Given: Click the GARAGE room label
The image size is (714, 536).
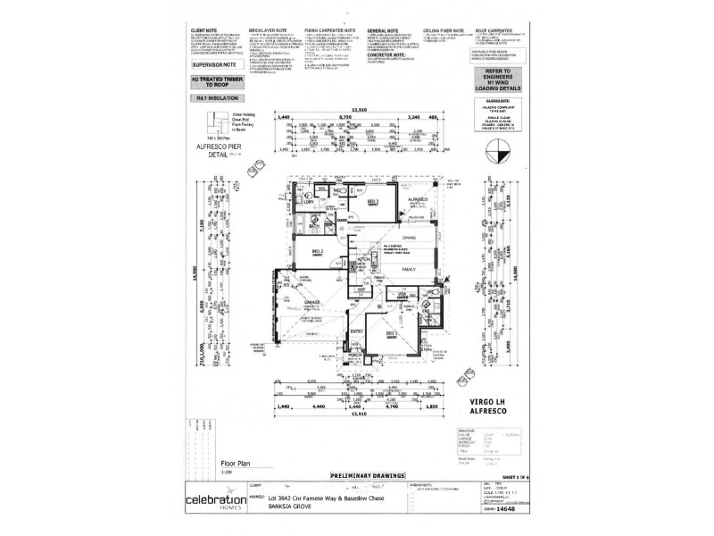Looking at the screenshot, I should (x=312, y=304).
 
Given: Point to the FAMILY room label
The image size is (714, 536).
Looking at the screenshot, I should (x=412, y=268).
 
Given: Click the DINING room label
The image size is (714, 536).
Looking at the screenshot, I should (x=410, y=237).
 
